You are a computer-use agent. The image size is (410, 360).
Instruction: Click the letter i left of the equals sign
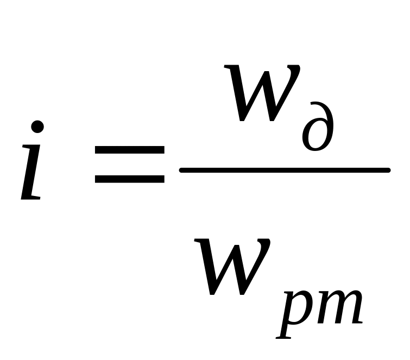pos(33,163)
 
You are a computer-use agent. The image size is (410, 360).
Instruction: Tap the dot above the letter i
pos(37,127)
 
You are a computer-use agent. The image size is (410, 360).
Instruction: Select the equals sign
pos(129,162)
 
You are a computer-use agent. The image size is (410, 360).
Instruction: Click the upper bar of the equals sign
pos(129,148)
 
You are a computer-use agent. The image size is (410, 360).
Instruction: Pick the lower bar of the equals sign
pos(129,178)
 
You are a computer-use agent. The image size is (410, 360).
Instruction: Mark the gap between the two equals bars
pos(129,163)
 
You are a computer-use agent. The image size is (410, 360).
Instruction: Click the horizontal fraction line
pos(285,170)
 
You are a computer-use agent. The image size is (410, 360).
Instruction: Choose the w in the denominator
pos(239,266)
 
